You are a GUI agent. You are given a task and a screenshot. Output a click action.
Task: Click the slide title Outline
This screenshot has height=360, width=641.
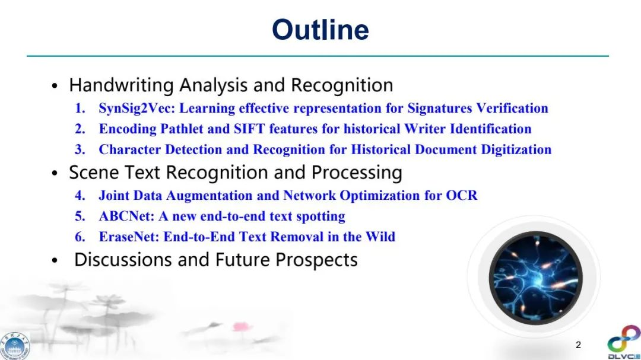point(320,30)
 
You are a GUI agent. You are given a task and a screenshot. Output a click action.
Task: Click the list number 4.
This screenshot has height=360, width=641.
point(80,195)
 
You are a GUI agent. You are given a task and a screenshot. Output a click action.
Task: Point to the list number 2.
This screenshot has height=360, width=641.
point(80,129)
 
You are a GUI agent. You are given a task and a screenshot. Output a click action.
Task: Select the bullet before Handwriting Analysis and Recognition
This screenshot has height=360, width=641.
point(55,86)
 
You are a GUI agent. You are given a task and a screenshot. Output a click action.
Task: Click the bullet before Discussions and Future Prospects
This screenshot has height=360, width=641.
point(55,260)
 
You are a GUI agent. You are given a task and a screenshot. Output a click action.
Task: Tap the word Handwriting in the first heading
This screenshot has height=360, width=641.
point(122,85)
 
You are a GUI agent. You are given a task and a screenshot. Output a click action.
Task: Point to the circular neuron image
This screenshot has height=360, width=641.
point(535,278)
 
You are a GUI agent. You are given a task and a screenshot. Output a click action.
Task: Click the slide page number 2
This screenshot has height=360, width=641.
point(578,345)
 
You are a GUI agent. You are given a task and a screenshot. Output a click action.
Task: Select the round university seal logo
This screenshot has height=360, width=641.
point(15,346)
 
